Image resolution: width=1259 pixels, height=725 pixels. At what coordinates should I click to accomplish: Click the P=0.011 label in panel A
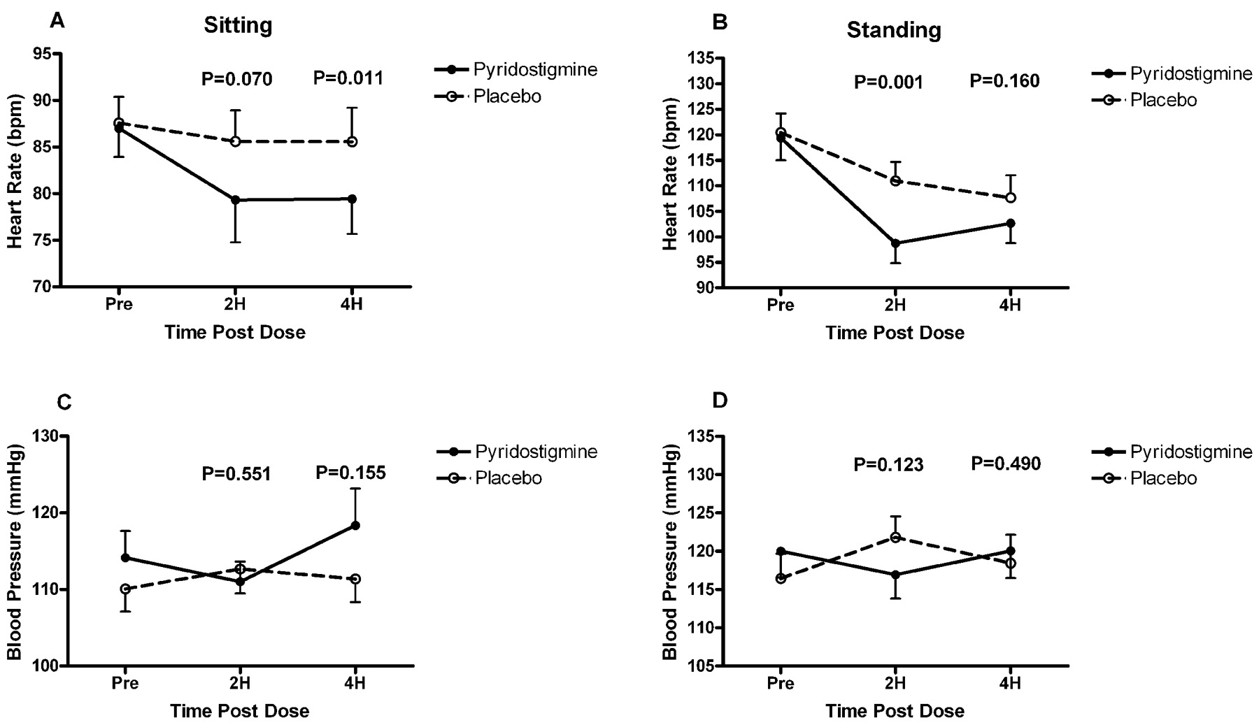click(x=348, y=78)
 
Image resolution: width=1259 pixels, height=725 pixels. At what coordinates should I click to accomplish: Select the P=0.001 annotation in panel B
click(x=888, y=82)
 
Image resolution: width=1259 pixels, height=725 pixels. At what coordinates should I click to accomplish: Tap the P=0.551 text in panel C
click(x=236, y=474)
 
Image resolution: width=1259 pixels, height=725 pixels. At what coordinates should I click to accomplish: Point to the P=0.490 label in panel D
click(x=1006, y=464)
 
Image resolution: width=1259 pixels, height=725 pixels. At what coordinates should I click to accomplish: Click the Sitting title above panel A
click(x=238, y=26)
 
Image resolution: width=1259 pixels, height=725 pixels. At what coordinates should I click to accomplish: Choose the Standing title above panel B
click(x=894, y=30)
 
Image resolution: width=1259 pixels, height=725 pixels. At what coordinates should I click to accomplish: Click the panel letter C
click(x=63, y=402)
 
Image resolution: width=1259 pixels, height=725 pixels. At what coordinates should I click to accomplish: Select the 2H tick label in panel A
click(x=236, y=306)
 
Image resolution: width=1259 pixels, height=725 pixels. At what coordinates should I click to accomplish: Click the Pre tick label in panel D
click(x=780, y=683)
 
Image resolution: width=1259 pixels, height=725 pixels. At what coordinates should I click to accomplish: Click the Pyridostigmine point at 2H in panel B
click(x=895, y=243)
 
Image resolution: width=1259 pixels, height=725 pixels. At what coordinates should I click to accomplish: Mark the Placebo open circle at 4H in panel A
click(x=353, y=142)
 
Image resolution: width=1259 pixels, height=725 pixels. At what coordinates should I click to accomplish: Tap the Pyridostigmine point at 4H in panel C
click(x=355, y=525)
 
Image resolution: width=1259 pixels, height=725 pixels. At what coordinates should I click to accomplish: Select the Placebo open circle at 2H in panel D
click(x=895, y=537)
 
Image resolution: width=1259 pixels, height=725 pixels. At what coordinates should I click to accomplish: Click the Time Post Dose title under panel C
click(x=239, y=712)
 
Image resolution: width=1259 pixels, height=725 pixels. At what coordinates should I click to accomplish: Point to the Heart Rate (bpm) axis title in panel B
click(x=670, y=173)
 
